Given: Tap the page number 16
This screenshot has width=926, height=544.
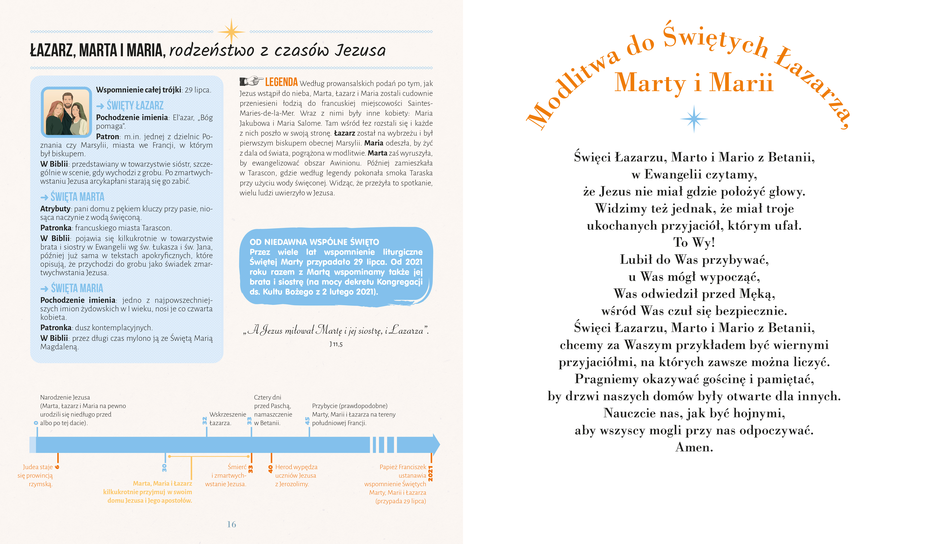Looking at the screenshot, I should [x=231, y=524].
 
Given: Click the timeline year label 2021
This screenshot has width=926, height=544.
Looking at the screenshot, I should [x=431, y=473].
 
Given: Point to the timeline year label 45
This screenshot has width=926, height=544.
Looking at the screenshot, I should [x=307, y=421].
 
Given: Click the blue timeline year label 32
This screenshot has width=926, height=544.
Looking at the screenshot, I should [x=205, y=421].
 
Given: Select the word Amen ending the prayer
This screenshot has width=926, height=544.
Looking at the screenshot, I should [x=694, y=447].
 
